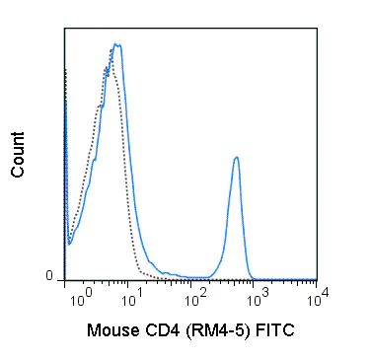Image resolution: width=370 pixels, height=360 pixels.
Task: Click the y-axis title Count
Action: [18, 157]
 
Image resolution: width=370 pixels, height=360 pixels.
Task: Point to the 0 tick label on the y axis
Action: [48, 277]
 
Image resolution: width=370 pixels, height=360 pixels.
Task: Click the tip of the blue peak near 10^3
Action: [236, 157]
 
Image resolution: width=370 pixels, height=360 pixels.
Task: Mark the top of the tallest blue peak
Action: [116, 44]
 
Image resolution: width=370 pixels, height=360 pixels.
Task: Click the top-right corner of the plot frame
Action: [317, 29]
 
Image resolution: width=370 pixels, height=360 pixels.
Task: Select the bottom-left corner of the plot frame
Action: [64, 281]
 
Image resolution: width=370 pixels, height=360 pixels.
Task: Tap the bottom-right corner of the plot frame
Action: [317, 281]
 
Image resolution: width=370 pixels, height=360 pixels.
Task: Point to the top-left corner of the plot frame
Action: [64, 29]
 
